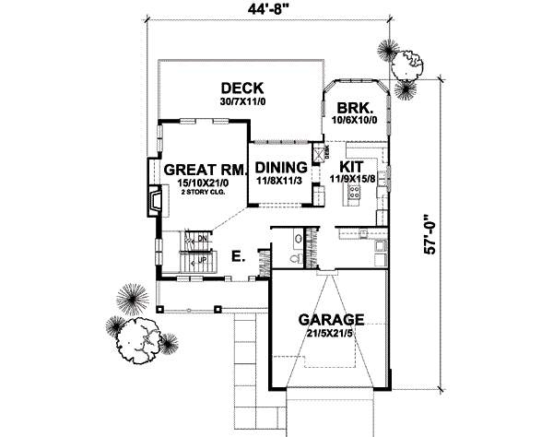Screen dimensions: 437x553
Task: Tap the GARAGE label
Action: click(x=332, y=320)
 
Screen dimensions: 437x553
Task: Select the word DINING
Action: click(x=281, y=167)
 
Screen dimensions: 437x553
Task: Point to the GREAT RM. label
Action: click(x=204, y=171)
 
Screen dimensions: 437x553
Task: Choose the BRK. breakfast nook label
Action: click(x=353, y=106)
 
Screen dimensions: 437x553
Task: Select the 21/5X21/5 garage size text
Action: click(x=332, y=334)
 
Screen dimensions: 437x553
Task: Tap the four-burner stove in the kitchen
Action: click(x=353, y=195)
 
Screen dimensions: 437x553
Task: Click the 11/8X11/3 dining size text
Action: click(x=280, y=182)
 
